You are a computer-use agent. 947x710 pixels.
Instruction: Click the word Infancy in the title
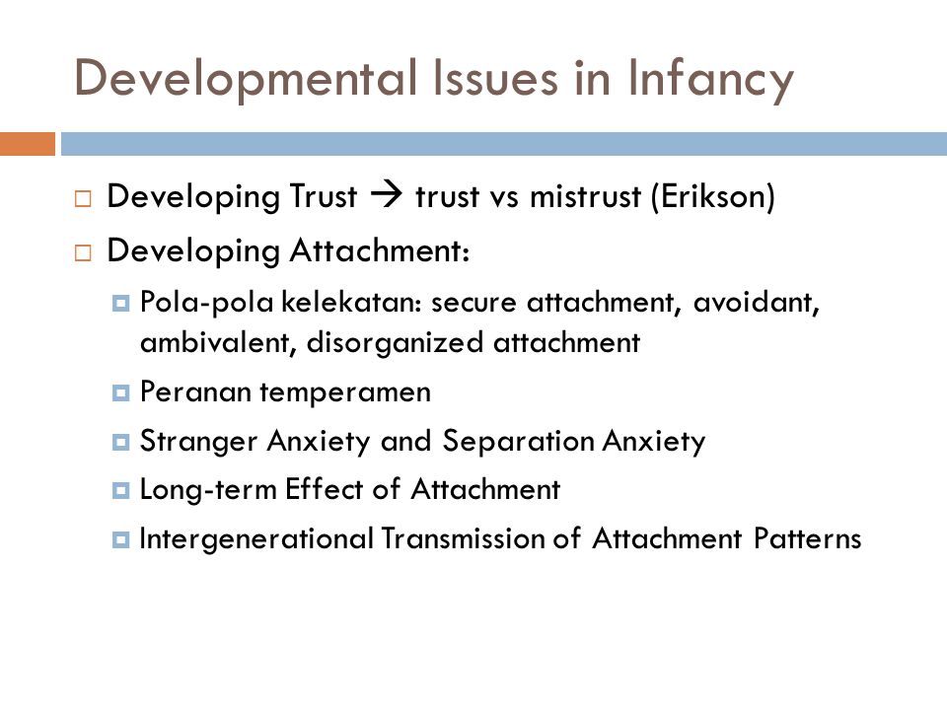click(x=710, y=80)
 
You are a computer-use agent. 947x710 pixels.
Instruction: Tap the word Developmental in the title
click(x=246, y=80)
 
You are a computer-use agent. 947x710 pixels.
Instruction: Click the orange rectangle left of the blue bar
click(x=28, y=144)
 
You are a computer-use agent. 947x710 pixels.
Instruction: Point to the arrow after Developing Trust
click(x=387, y=194)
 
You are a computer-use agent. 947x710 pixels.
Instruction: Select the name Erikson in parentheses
click(x=712, y=197)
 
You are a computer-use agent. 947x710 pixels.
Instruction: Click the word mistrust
click(x=585, y=197)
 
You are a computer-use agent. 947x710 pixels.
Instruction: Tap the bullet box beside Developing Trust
click(x=83, y=198)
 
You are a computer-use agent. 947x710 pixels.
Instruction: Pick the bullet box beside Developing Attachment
click(x=83, y=252)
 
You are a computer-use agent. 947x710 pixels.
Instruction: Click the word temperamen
click(x=345, y=392)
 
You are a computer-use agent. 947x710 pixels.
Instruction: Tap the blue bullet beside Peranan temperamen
click(x=120, y=393)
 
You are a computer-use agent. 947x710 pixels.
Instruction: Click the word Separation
click(x=519, y=441)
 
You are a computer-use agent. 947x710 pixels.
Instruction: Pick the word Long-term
click(x=208, y=490)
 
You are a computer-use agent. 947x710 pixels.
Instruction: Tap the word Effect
click(x=325, y=488)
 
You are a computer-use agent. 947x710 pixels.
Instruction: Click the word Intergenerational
click(x=256, y=538)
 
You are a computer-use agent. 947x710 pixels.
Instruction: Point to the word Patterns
click(x=808, y=538)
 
